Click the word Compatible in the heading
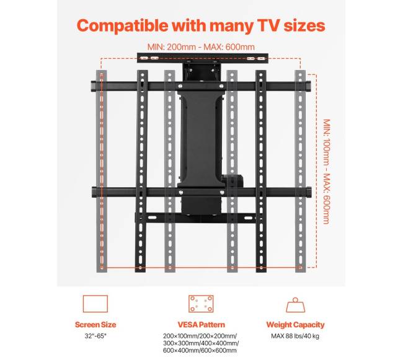[x=122, y=26]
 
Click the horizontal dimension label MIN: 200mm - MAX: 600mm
[x=201, y=47]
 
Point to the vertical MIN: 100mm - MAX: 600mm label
[x=326, y=171]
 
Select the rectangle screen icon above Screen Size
[x=95, y=304]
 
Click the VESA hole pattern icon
[x=201, y=304]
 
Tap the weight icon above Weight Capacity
[x=296, y=305]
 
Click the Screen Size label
[x=95, y=325]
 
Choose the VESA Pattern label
[x=201, y=325]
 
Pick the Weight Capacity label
[x=295, y=325]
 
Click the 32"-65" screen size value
[x=95, y=336]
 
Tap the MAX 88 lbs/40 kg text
[x=295, y=336]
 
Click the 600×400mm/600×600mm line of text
[x=200, y=350]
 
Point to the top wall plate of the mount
[x=203, y=58]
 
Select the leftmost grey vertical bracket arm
[x=102, y=171]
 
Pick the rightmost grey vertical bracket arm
[x=300, y=171]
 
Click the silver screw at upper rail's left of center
[x=180, y=86]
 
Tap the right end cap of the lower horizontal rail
[x=309, y=192]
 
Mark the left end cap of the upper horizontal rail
[x=94, y=86]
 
